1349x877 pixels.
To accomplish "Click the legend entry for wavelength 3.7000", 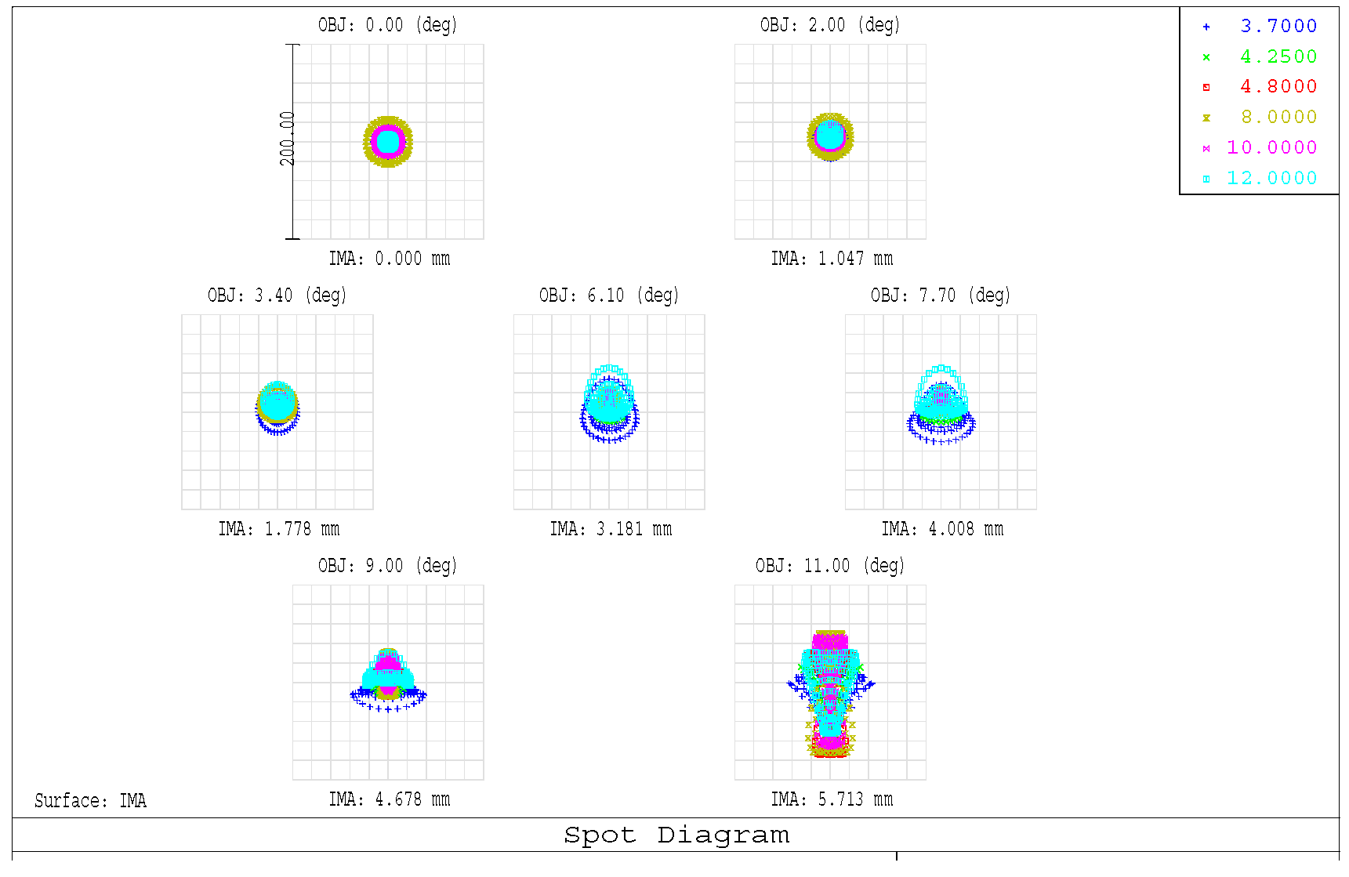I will pyautogui.click(x=1278, y=27).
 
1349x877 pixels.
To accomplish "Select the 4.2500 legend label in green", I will pyautogui.click(x=1278, y=57).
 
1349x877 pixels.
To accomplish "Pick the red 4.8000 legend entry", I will pyautogui.click(x=1278, y=87).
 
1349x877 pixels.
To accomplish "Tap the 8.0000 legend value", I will pyautogui.click(x=1278, y=118).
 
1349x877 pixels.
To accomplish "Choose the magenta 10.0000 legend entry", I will pyautogui.click(x=1271, y=148).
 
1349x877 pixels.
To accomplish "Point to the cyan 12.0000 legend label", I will pyautogui.click(x=1271, y=179).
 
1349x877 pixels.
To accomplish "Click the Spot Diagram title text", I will pyautogui.click(x=676, y=835).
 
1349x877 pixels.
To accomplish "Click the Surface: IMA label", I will pyautogui.click(x=90, y=801).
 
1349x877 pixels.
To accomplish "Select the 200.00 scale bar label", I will pyautogui.click(x=288, y=139).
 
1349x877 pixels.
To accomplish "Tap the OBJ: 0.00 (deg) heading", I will pyautogui.click(x=387, y=25).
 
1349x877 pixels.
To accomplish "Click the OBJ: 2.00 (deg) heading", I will pyautogui.click(x=829, y=25).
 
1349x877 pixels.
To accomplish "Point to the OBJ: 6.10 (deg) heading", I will pyautogui.click(x=608, y=295).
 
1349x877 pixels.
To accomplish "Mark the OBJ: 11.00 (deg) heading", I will pyautogui.click(x=829, y=566).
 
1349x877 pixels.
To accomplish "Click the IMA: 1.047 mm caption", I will pyautogui.click(x=831, y=259).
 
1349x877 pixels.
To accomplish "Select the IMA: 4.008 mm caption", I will pyautogui.click(x=941, y=529).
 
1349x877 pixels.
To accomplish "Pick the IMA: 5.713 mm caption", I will pyautogui.click(x=831, y=799).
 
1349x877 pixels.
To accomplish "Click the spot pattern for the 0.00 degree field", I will pyautogui.click(x=387, y=142).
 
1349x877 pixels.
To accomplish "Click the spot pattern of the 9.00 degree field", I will pyautogui.click(x=388, y=679).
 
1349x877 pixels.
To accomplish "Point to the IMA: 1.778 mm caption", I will pyautogui.click(x=278, y=529).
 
